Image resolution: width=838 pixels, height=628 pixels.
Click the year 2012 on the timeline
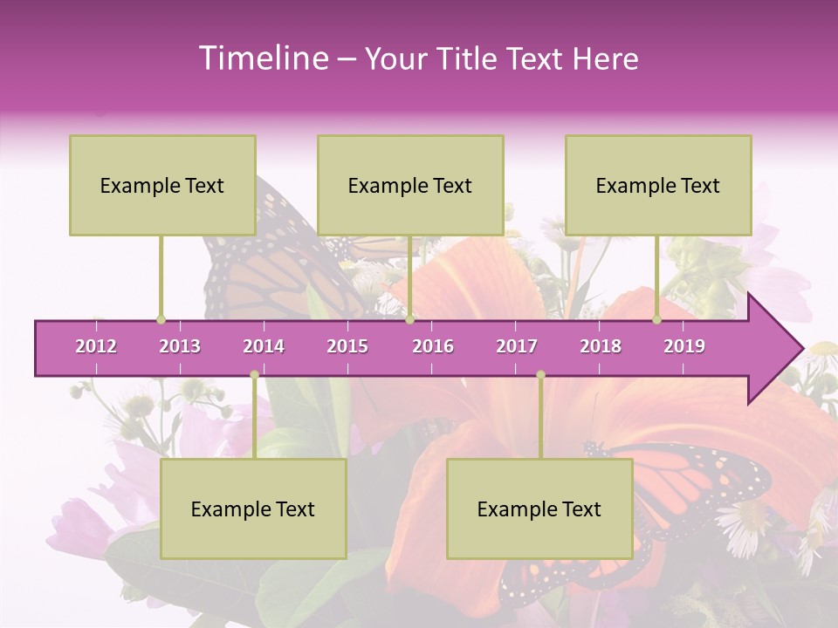96,346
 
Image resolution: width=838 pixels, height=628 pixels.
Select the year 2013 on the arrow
180,346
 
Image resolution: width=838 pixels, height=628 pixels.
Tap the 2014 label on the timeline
264,346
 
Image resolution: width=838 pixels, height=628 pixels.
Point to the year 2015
347,346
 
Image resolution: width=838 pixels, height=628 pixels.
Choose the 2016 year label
433,346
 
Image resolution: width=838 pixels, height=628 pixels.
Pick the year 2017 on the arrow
517,346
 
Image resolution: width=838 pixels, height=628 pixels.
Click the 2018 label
601,346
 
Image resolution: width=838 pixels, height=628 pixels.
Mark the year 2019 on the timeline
684,346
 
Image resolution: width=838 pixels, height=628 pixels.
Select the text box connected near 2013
162,185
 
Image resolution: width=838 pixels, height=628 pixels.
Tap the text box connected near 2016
410,185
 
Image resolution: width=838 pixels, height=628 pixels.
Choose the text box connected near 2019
658,185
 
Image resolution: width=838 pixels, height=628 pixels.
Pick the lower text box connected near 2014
253,509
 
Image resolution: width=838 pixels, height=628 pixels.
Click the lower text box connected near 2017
539,509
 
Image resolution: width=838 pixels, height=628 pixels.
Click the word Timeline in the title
262,58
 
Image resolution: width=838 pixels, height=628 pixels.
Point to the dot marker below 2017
540,375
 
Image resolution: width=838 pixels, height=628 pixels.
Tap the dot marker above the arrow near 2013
161,319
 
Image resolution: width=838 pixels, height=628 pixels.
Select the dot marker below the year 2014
254,375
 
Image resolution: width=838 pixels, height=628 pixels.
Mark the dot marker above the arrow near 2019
656,319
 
